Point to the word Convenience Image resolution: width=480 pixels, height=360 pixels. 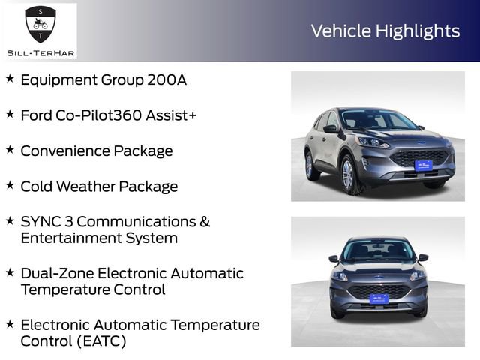(x=65, y=151)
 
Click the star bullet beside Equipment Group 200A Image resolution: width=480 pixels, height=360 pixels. (x=10, y=79)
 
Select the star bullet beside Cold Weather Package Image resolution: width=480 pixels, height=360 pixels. (x=10, y=185)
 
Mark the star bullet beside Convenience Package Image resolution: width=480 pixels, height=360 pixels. (x=10, y=150)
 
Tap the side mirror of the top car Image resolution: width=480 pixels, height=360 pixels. (x=331, y=129)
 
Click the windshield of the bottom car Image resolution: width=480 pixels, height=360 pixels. (x=378, y=250)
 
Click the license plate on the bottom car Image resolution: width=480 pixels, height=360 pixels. (x=379, y=299)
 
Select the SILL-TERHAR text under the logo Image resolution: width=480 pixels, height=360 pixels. (x=39, y=52)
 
